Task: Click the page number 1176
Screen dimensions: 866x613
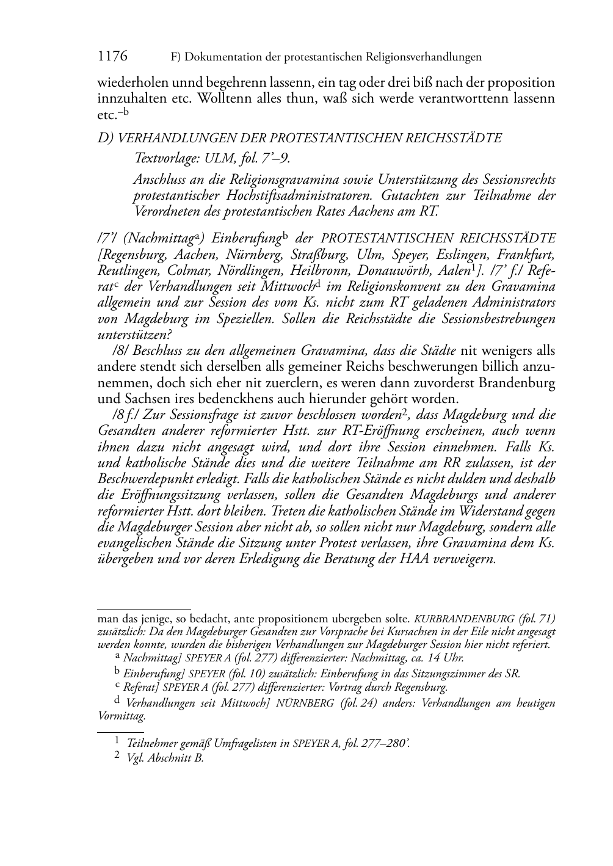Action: point(112,57)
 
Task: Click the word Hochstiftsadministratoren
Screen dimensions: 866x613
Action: point(280,196)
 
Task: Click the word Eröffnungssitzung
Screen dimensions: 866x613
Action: point(164,495)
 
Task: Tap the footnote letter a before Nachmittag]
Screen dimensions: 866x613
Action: point(117,655)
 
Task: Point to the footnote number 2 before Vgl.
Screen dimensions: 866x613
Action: point(117,758)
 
